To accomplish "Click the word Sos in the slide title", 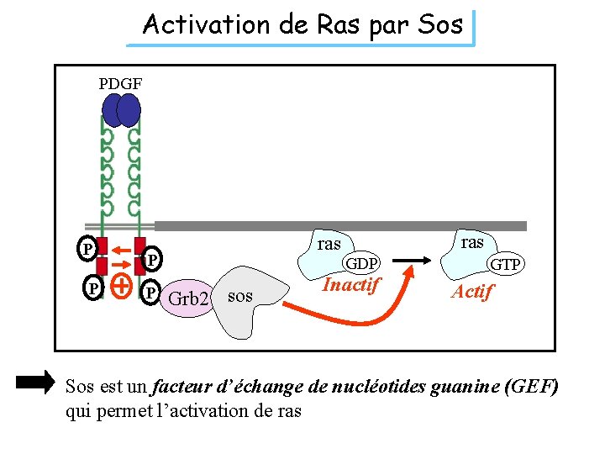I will [441, 25].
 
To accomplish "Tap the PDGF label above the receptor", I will [120, 84].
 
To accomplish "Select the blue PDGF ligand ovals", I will [121, 110].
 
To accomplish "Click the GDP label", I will [362, 263].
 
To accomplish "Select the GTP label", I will [508, 265].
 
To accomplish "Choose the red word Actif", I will [472, 292].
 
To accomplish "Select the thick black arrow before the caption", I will [34, 383].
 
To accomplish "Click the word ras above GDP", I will [329, 244].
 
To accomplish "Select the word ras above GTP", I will [472, 242].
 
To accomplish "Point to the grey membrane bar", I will [336, 225].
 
